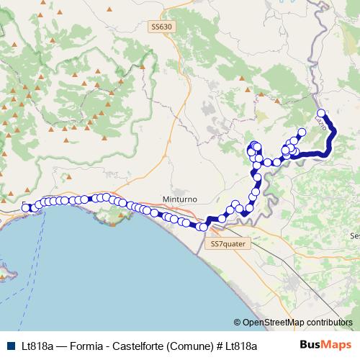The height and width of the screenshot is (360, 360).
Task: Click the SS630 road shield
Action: coord(162,27)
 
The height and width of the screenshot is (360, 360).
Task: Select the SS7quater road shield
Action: coord(228,244)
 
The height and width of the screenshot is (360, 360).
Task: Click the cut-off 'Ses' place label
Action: coord(354,235)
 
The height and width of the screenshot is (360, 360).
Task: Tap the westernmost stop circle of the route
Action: coord(26,208)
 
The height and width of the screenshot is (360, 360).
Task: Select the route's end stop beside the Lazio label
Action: coord(321,113)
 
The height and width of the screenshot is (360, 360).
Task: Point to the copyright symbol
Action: coord(238,323)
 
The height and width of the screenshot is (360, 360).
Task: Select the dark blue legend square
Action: coord(9,346)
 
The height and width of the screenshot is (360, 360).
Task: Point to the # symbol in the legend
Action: coord(219,346)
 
